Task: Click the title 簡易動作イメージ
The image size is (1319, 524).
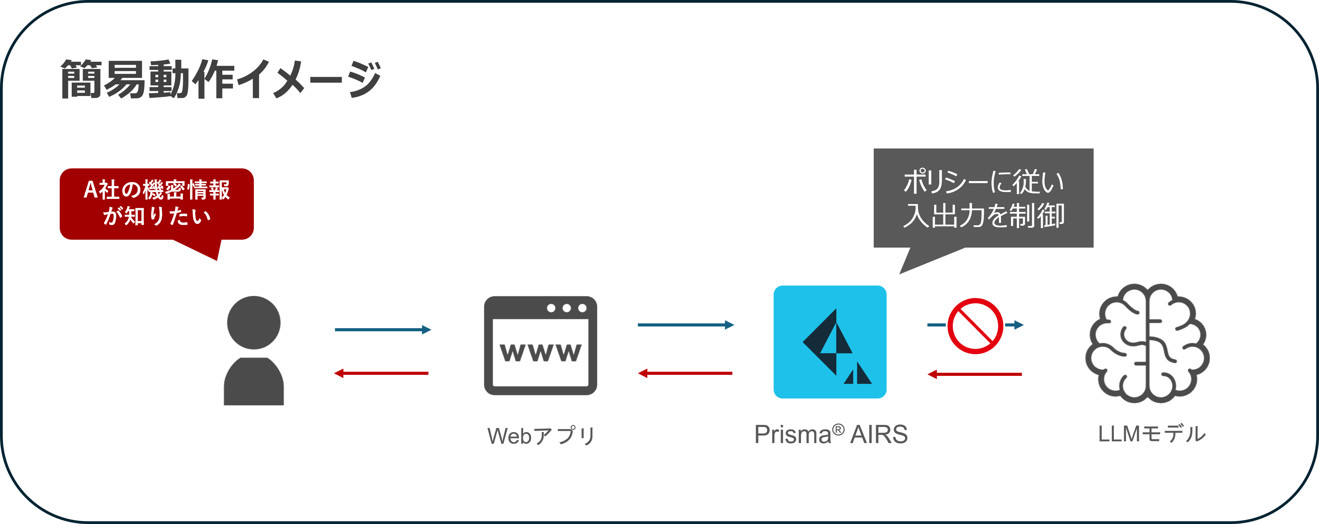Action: [220, 79]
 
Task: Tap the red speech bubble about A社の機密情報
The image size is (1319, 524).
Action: [157, 203]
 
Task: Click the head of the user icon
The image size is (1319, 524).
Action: [254, 322]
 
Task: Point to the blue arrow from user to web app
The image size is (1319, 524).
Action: [382, 330]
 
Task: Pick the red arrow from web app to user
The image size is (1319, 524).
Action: [381, 373]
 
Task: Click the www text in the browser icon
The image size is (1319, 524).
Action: [540, 353]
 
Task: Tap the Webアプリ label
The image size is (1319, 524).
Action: [541, 436]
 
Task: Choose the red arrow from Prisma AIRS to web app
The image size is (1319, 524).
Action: [685, 373]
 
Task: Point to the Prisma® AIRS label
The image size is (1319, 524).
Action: [831, 434]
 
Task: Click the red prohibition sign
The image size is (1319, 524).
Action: [975, 326]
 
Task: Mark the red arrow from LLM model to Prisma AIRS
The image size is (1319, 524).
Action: [974, 374]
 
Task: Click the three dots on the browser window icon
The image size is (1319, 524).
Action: [566, 308]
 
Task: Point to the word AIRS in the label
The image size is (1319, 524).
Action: [879, 434]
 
